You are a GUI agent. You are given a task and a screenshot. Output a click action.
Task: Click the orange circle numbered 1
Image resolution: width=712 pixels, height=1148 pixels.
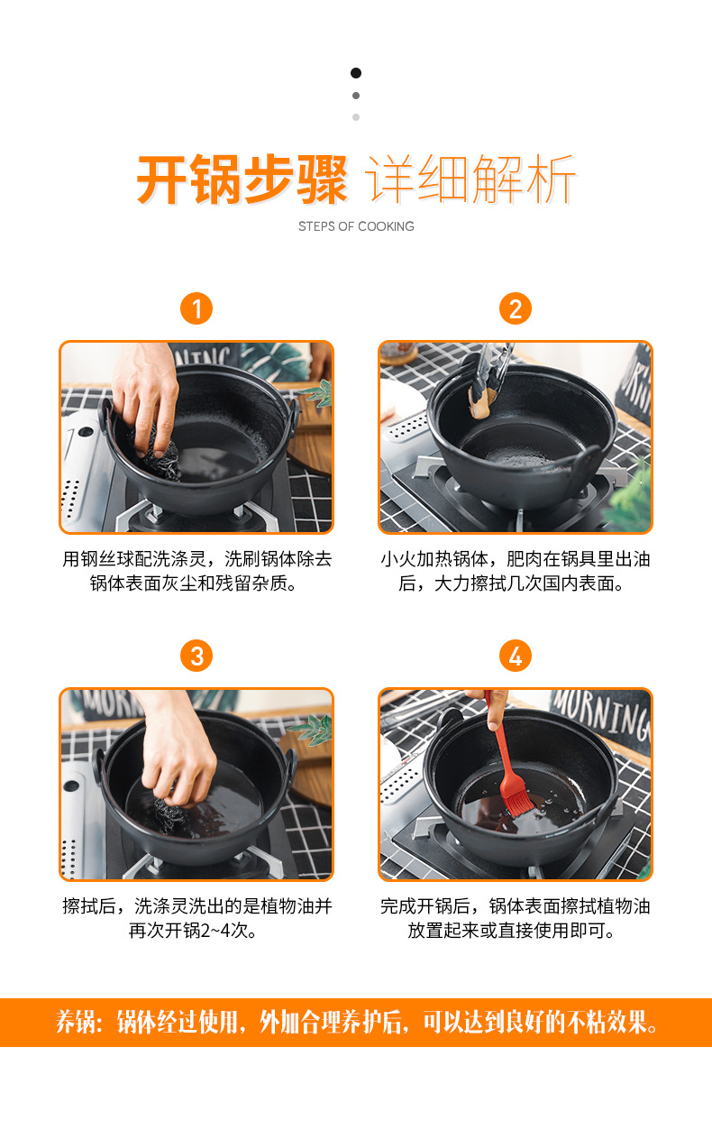tap(196, 308)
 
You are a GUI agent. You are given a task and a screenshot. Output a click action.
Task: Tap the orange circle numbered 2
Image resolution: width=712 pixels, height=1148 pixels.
tap(516, 308)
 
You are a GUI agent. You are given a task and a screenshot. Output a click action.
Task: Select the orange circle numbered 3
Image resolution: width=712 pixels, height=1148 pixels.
tap(196, 656)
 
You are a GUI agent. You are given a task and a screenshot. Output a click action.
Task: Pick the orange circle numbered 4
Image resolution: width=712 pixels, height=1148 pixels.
tap(516, 656)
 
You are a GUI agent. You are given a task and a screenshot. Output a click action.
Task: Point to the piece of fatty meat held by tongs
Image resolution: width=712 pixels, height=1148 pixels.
tap(481, 403)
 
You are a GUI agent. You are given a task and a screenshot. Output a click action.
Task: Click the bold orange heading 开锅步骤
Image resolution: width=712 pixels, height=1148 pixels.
tap(242, 180)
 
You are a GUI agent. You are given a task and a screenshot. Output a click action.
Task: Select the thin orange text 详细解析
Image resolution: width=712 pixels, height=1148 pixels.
tap(470, 179)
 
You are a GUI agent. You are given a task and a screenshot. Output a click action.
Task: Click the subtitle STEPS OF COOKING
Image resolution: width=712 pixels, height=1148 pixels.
tap(356, 226)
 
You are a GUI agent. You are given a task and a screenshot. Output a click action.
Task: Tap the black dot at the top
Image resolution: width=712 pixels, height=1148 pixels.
tap(356, 73)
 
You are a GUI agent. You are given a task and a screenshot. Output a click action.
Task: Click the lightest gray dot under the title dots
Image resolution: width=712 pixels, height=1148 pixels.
tap(356, 117)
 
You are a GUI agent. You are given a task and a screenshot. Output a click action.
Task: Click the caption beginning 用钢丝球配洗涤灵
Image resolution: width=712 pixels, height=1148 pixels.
tap(196, 571)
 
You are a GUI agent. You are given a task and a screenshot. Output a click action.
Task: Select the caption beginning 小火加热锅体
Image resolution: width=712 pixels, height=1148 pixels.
tap(516, 571)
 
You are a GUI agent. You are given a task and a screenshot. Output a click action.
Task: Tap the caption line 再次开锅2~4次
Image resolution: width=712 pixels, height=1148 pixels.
tap(193, 930)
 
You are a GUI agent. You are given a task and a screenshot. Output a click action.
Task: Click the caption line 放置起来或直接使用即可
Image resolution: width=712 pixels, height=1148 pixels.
tap(512, 930)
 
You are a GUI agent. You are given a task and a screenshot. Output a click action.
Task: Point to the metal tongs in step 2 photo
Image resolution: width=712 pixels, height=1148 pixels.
tap(493, 369)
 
